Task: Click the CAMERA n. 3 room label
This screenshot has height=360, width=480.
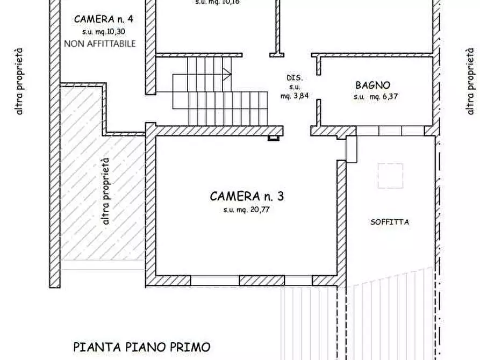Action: [x=247, y=196]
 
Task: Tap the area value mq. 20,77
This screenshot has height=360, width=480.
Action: [x=246, y=210]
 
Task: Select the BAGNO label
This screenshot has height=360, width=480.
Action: [x=372, y=85]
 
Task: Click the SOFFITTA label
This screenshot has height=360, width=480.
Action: [x=390, y=222]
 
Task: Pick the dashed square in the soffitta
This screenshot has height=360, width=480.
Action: [x=390, y=176]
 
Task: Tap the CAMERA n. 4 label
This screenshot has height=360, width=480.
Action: [x=103, y=19]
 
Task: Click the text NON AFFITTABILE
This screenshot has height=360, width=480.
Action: [x=100, y=44]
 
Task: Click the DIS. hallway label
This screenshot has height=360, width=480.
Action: [x=295, y=77]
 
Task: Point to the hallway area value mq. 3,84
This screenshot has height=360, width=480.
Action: [x=295, y=96]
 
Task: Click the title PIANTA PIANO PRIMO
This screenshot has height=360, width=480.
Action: [x=141, y=347]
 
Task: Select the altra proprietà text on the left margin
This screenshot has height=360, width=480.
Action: [x=20, y=81]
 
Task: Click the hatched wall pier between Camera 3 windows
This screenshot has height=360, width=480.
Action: [x=262, y=280]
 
